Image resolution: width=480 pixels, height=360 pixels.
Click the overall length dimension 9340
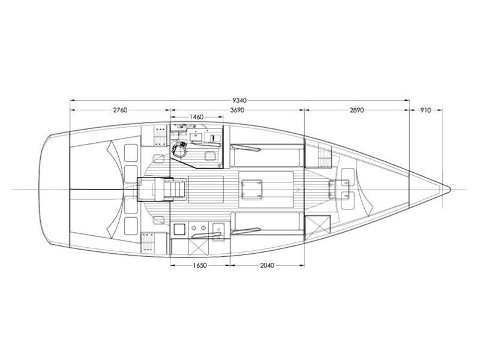(239, 100)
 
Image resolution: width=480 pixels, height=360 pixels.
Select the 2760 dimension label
(120, 110)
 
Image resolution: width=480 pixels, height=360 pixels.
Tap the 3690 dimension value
(237, 110)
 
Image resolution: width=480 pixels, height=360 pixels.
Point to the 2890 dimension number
(357, 110)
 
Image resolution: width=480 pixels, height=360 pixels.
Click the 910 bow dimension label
(425, 110)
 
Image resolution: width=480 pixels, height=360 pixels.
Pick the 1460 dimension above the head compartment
(196, 117)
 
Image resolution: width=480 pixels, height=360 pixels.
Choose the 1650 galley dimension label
(200, 265)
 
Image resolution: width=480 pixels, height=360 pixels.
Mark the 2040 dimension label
(267, 265)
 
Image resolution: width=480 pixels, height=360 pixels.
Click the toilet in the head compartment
(179, 150)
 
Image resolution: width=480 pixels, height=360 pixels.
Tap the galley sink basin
(219, 229)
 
